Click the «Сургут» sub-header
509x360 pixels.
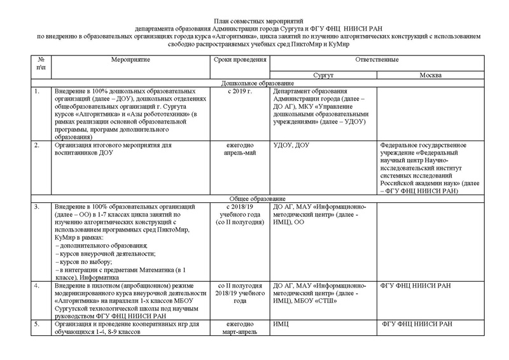(x=323, y=75)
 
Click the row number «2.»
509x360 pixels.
(x=38, y=145)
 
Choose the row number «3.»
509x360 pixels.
(x=38, y=207)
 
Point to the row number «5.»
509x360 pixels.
(x=38, y=324)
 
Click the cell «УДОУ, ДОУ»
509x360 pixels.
(x=291, y=145)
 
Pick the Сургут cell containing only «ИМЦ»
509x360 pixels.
(x=281, y=324)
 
